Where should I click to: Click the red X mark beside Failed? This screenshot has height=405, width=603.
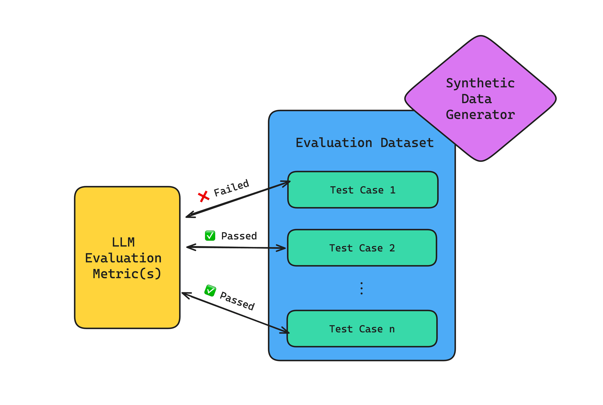coord(204,197)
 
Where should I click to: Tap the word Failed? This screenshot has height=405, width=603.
coord(231,188)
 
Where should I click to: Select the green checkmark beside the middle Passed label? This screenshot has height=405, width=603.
coord(210,236)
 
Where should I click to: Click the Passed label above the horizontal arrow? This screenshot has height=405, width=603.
coord(239,236)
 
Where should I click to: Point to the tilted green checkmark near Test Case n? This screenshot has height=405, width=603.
coord(210,291)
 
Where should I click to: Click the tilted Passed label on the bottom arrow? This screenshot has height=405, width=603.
coord(237,301)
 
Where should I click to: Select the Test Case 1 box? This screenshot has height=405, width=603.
coord(362,190)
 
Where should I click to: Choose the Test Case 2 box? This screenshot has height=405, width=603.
coord(362,248)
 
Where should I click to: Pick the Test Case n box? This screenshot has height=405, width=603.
coord(362,329)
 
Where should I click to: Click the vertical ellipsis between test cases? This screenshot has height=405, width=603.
coord(362,288)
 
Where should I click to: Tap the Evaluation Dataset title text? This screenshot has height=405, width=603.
coord(364,143)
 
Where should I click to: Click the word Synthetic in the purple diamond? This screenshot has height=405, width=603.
coord(480,83)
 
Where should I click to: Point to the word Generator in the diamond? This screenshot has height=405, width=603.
coord(480,115)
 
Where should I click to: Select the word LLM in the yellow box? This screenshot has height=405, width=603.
coord(123,242)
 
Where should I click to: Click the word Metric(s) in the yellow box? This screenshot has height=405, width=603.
coord(127,274)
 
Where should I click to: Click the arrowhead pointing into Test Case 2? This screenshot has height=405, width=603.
coord(282,248)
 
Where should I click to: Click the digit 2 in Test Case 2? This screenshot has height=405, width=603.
coord(392,248)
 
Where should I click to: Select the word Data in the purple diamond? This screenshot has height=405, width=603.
coord(476,99)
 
